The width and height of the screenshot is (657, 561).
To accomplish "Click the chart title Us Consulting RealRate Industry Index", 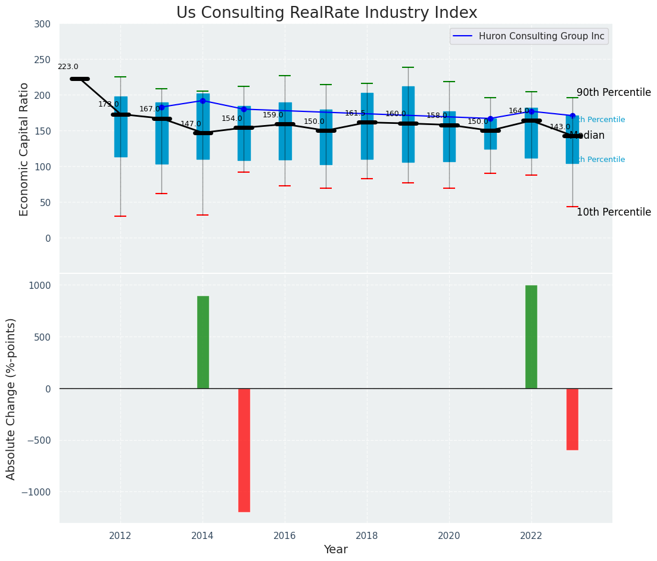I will click(x=326, y=13).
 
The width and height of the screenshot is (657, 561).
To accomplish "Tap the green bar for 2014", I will click(x=203, y=342).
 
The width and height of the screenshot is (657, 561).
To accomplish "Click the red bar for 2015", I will click(x=244, y=450).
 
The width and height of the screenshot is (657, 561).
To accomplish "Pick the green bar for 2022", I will click(x=531, y=336).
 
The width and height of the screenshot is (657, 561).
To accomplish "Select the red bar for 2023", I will click(x=572, y=419).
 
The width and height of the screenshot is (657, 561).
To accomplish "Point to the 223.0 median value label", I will click(x=68, y=67).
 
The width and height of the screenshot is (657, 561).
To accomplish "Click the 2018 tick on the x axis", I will click(x=367, y=535).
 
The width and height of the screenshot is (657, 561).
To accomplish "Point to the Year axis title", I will click(x=335, y=550).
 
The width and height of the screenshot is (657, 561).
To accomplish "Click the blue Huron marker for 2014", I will click(x=203, y=101).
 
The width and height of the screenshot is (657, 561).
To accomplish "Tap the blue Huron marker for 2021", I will click(x=490, y=119).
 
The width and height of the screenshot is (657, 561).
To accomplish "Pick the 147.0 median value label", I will click(x=191, y=124).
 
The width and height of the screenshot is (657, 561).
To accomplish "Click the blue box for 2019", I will click(x=408, y=124).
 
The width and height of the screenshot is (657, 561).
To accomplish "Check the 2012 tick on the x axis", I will click(x=120, y=535).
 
